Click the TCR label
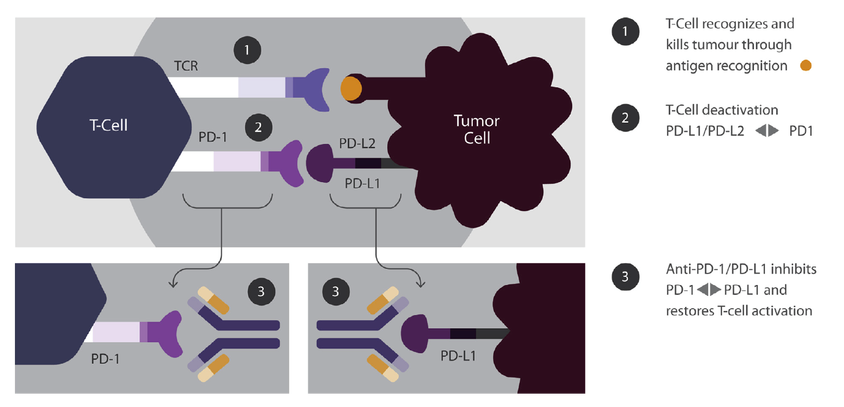[186, 66]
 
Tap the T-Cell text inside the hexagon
[109, 125]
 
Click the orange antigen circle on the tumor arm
[350, 89]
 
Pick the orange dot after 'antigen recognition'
[805, 66]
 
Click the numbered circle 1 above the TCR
[247, 50]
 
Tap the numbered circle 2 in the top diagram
[258, 127]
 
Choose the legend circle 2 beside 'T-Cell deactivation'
[625, 117]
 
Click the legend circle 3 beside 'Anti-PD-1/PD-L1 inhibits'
[625, 277]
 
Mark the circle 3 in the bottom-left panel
[261, 291]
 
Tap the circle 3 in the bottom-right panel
[336, 291]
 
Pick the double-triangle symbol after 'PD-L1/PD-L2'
[767, 131]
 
